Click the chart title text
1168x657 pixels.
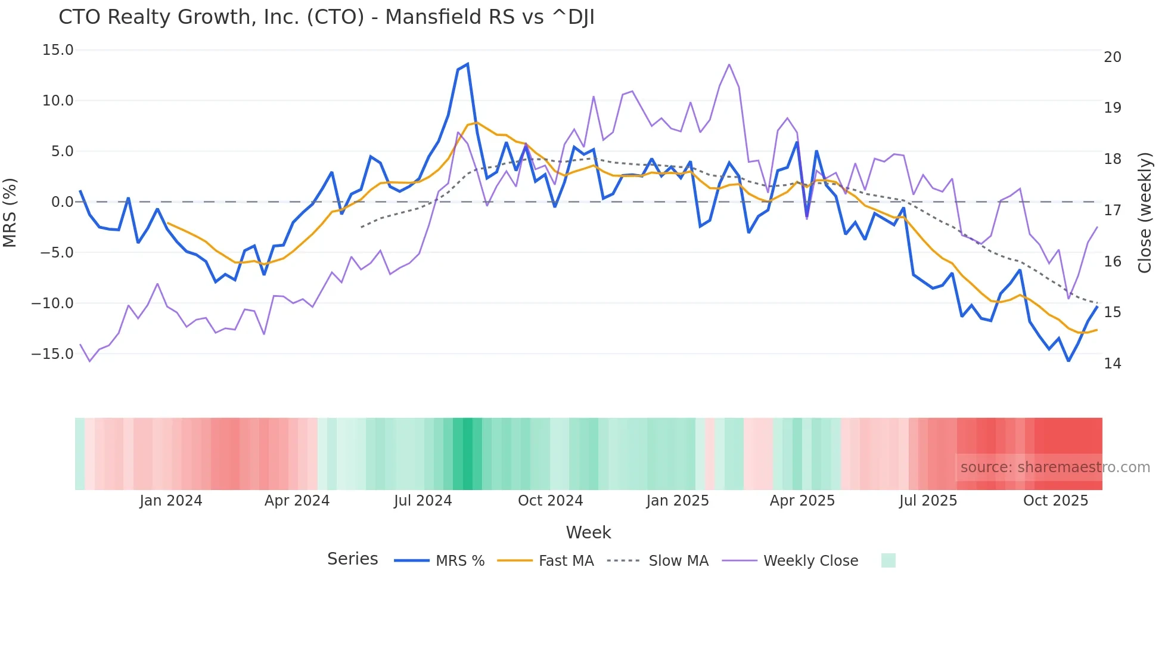click(327, 17)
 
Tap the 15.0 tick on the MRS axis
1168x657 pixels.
click(58, 50)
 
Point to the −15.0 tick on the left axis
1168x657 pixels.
click(52, 354)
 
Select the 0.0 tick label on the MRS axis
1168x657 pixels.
click(62, 202)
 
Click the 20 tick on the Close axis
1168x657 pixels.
click(1113, 57)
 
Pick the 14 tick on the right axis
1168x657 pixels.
click(1113, 364)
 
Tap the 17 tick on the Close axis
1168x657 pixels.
click(1113, 210)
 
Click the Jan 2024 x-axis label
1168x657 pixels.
click(171, 501)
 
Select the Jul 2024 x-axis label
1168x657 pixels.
click(423, 501)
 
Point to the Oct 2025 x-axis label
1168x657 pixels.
click(1056, 501)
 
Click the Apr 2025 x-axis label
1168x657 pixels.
click(802, 501)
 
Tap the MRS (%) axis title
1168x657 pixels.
click(10, 212)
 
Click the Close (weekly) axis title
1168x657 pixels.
click(1145, 212)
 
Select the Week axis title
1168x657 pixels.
click(588, 532)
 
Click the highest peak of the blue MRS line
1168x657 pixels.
click(468, 64)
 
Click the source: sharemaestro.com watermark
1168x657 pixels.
click(1055, 467)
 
